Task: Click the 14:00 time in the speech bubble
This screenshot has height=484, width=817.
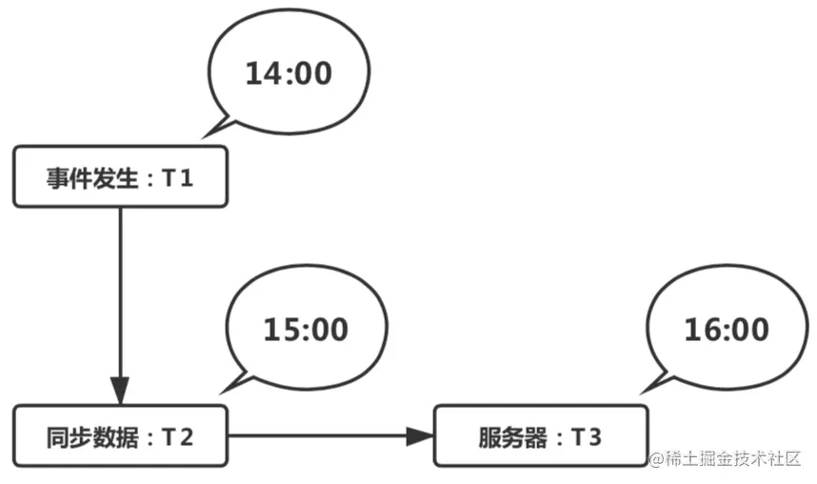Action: click(x=289, y=73)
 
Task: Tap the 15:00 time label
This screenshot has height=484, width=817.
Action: click(x=306, y=330)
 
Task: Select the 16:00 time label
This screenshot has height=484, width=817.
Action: click(x=727, y=330)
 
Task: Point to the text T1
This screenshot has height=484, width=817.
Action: click(x=178, y=178)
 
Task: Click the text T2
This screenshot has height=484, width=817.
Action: click(x=178, y=437)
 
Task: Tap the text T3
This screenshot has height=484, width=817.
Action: click(x=587, y=437)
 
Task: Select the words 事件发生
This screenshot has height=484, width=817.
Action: click(x=91, y=178)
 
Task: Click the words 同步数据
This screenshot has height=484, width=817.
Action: click(x=91, y=437)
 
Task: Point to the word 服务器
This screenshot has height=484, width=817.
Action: click(x=513, y=437)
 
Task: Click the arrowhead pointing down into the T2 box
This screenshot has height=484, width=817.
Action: click(x=120, y=390)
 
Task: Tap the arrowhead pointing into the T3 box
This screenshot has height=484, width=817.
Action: click(x=420, y=436)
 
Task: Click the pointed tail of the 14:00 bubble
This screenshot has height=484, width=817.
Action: click(x=203, y=138)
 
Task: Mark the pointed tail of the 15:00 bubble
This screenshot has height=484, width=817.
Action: click(x=221, y=393)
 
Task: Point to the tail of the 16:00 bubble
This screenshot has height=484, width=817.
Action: click(x=642, y=393)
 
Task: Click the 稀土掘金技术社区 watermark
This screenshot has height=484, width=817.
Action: click(x=725, y=458)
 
